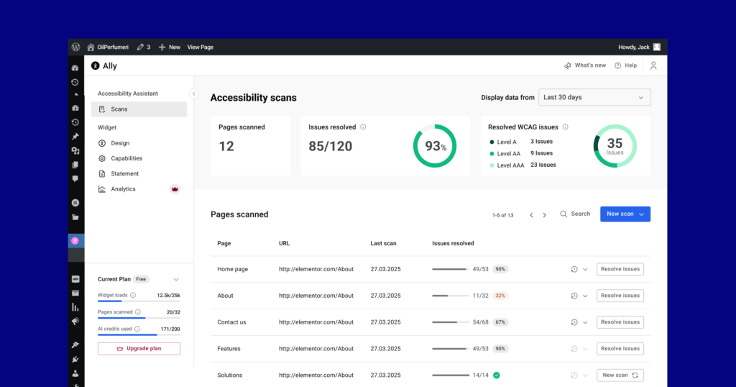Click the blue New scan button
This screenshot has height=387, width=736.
625,214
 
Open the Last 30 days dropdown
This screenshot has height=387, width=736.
594,97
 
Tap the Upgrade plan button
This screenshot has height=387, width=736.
139,348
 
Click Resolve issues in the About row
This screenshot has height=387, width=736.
620,296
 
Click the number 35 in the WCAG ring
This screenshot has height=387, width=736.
615,143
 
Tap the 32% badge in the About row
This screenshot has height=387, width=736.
500,296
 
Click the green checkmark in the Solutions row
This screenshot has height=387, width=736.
497,375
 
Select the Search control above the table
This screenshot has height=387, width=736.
575,214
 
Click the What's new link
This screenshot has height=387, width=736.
585,65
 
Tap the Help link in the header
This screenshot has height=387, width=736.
626,65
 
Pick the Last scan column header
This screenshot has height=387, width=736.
384,243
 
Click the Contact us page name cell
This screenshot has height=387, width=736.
231,322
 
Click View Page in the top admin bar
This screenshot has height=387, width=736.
201,47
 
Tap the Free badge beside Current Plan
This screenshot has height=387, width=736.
141,279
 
